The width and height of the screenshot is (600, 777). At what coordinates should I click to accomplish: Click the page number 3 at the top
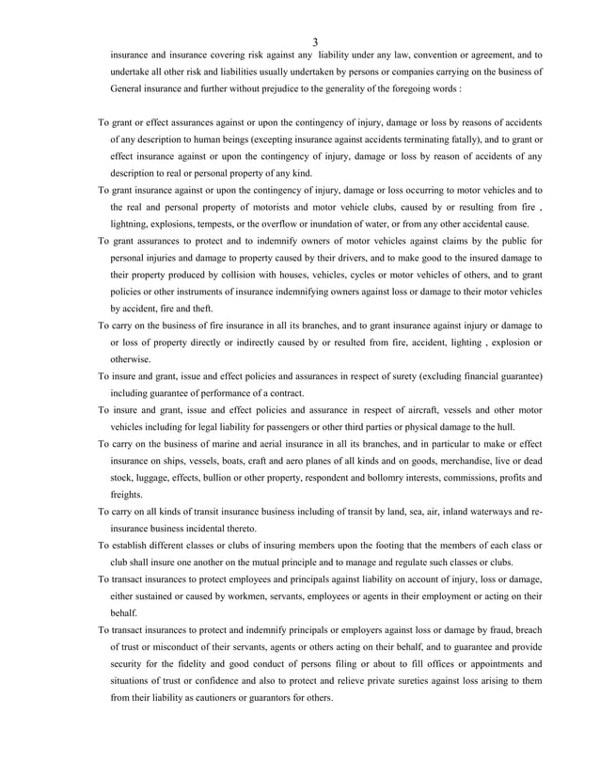click(x=315, y=42)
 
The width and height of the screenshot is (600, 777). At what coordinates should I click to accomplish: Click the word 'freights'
click(x=127, y=495)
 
